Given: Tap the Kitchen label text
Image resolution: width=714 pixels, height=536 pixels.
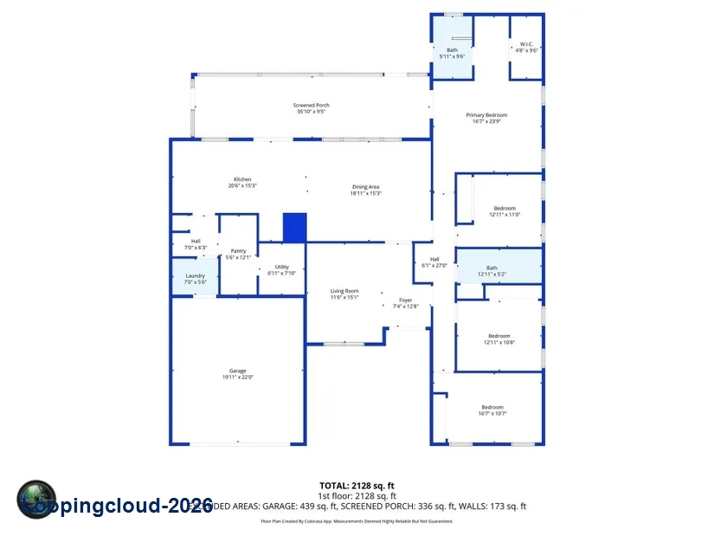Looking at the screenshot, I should (x=242, y=183).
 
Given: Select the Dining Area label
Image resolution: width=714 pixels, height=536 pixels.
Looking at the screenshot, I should (x=365, y=190).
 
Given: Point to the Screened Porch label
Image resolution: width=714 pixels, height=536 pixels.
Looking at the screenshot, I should (x=311, y=108).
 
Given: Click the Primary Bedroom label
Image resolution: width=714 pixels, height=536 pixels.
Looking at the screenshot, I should (x=486, y=118).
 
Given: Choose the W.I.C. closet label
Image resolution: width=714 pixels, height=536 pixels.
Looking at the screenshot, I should (x=526, y=48).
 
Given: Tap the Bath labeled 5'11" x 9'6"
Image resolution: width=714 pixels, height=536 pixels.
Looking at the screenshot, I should (x=452, y=53).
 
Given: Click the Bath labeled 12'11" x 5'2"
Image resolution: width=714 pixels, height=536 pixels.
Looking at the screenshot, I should (x=492, y=271).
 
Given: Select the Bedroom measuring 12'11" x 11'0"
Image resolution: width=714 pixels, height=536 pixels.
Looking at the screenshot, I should (x=505, y=210).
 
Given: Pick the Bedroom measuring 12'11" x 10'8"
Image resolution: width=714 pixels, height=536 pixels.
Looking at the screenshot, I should (x=499, y=339).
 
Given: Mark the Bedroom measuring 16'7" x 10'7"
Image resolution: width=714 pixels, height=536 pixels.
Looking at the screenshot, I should (x=492, y=410).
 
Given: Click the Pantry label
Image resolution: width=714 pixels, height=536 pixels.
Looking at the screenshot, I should (x=238, y=254).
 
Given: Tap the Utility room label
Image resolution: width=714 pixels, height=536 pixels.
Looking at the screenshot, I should (x=282, y=269).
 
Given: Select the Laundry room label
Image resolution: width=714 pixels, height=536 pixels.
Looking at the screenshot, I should (x=195, y=279).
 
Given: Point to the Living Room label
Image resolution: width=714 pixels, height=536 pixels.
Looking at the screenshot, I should (x=344, y=294).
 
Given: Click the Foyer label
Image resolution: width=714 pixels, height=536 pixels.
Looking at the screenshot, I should (x=405, y=303).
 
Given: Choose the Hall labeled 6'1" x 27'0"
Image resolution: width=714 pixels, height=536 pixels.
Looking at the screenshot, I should (x=434, y=262).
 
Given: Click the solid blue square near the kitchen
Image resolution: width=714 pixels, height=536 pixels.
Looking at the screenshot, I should (x=295, y=227).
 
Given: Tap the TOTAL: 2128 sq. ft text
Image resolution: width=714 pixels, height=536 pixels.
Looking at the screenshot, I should (x=357, y=485).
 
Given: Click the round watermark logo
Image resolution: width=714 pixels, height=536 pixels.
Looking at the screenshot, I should (x=36, y=500).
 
